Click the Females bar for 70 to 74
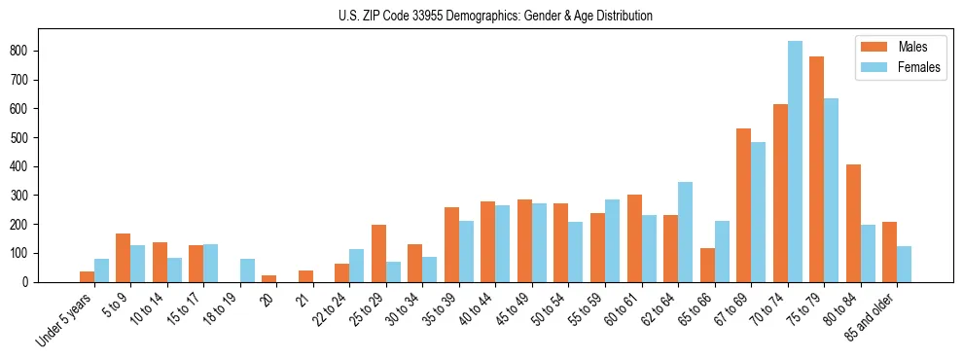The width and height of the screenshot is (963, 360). (x=795, y=162)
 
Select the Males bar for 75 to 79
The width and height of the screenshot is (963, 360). (x=816, y=169)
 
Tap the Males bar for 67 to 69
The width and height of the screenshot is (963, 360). (x=743, y=205)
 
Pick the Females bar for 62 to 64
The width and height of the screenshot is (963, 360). (x=685, y=233)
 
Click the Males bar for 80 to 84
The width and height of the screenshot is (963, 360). (x=853, y=224)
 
